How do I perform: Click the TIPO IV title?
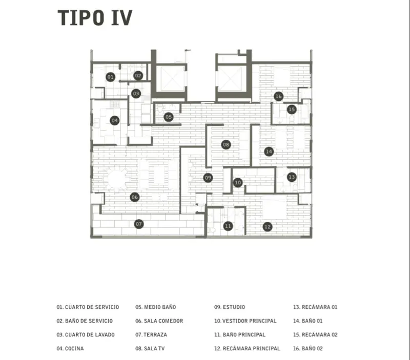point(95,17)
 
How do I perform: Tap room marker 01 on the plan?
point(110,77)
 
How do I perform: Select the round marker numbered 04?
point(115,121)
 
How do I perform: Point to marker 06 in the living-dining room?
point(134,197)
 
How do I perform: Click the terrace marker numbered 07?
point(138,224)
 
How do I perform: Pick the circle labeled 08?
point(226,145)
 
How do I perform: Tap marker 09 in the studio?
point(208,178)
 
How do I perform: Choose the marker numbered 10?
point(238,182)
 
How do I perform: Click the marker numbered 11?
point(228,226)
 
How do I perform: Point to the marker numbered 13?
point(292,177)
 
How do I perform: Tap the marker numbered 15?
point(292,109)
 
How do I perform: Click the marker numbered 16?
point(278,96)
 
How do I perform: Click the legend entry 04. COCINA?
point(70,348)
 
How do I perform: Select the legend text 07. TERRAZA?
point(151,335)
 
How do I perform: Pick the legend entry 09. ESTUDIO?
point(230,307)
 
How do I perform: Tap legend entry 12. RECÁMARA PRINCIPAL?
point(247,348)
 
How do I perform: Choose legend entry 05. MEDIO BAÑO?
point(156,307)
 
